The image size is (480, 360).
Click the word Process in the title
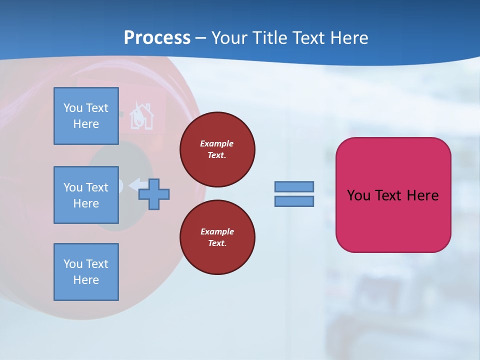[157, 38]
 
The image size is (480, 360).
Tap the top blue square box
[86, 116]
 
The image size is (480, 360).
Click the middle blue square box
[86, 195]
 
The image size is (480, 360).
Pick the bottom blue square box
[86, 272]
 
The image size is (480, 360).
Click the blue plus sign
[154, 194]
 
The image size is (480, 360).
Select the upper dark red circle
[217, 149]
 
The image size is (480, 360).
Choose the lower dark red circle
[217, 237]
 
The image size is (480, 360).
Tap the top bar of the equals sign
[294, 186]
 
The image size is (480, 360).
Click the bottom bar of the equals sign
[294, 201]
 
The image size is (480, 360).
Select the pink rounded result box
[393, 195]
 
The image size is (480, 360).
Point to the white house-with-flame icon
[141, 116]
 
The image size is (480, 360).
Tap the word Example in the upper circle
[217, 143]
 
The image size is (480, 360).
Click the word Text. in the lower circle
[217, 243]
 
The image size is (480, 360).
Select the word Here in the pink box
[422, 195]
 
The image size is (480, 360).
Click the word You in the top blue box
[73, 108]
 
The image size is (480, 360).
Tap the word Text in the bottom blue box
[97, 264]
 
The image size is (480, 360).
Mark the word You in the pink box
[358, 195]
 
